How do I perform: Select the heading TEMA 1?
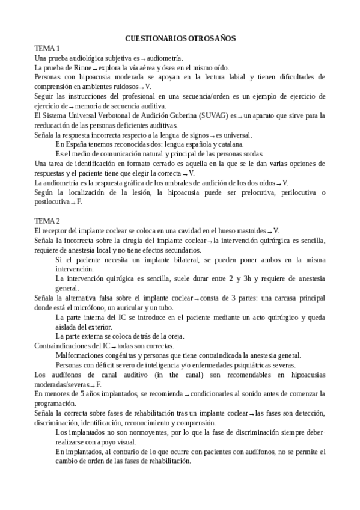click(47, 48)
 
